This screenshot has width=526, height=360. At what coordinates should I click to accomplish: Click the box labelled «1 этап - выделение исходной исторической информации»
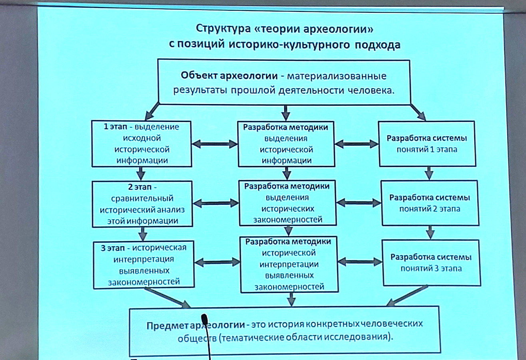point(141,143)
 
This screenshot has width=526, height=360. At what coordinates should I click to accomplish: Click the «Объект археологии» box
point(284,82)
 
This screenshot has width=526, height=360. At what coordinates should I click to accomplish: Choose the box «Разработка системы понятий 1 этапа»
point(426,144)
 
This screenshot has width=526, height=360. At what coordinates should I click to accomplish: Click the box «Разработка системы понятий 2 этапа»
point(429,203)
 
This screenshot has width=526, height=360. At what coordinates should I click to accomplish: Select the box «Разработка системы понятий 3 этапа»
point(431,262)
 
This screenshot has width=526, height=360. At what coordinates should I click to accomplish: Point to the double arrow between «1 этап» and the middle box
point(214,144)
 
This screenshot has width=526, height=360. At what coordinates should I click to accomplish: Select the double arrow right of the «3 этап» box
point(217,262)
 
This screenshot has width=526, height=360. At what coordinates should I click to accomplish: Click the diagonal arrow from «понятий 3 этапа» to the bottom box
point(408,296)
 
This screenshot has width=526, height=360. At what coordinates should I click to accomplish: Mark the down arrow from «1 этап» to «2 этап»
point(141,174)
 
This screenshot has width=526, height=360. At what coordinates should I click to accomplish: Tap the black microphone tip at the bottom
point(205,319)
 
